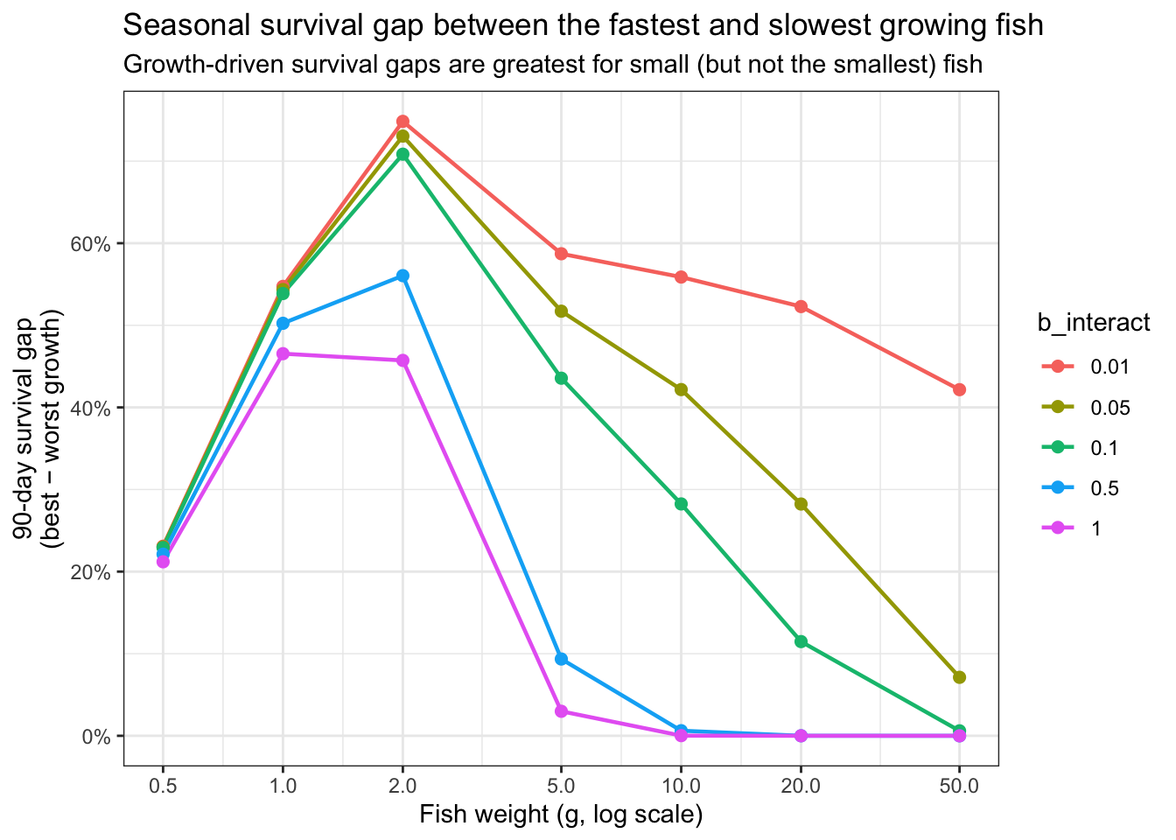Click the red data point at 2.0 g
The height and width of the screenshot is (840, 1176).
point(402,122)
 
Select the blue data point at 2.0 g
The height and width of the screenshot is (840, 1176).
point(402,276)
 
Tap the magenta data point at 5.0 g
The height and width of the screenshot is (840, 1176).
point(561,711)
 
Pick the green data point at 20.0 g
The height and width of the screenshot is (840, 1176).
point(801,641)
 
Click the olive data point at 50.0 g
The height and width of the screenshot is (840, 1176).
point(959,678)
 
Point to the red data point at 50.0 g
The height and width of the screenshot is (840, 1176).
point(959,389)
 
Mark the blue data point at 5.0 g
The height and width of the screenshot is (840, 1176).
point(561,659)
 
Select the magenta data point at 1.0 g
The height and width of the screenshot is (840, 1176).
point(283,353)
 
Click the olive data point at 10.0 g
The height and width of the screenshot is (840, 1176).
point(681,389)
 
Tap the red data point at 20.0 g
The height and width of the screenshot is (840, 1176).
point(801,306)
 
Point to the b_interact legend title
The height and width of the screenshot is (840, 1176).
point(1094,322)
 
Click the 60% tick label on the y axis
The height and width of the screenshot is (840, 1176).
point(91,244)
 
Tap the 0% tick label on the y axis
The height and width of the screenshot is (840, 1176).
point(96,737)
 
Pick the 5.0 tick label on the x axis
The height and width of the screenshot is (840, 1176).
point(561,786)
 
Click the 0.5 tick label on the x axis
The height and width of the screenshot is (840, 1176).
point(163,786)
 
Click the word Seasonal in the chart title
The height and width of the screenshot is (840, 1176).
point(186,25)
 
